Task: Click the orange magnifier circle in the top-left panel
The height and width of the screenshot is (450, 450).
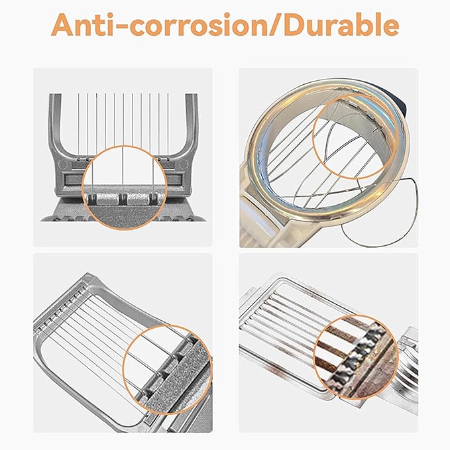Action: tap(124, 188)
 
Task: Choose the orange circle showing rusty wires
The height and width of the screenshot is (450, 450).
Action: tap(356, 357)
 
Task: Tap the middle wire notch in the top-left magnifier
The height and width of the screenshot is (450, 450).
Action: tap(123, 199)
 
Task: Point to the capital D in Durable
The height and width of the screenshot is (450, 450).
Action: tap(294, 25)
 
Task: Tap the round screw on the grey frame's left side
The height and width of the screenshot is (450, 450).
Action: tap(62, 164)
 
